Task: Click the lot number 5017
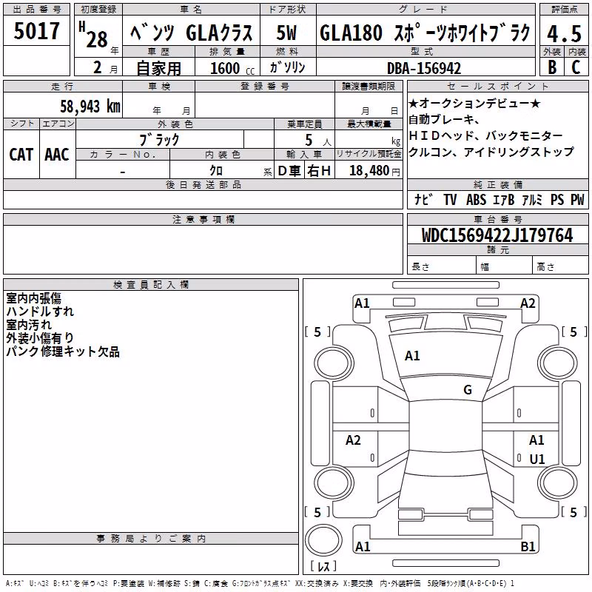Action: pyautogui.click(x=36, y=31)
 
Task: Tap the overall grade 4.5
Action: pyautogui.click(x=564, y=33)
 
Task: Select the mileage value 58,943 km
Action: pyautogui.click(x=90, y=106)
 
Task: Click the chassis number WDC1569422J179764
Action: pyautogui.click(x=497, y=235)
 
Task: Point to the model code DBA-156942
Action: pyautogui.click(x=424, y=68)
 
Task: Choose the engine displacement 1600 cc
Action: pyautogui.click(x=232, y=68)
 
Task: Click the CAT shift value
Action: pyautogui.click(x=21, y=155)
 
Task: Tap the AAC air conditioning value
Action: pyautogui.click(x=57, y=155)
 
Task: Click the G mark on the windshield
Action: pyautogui.click(x=468, y=389)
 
